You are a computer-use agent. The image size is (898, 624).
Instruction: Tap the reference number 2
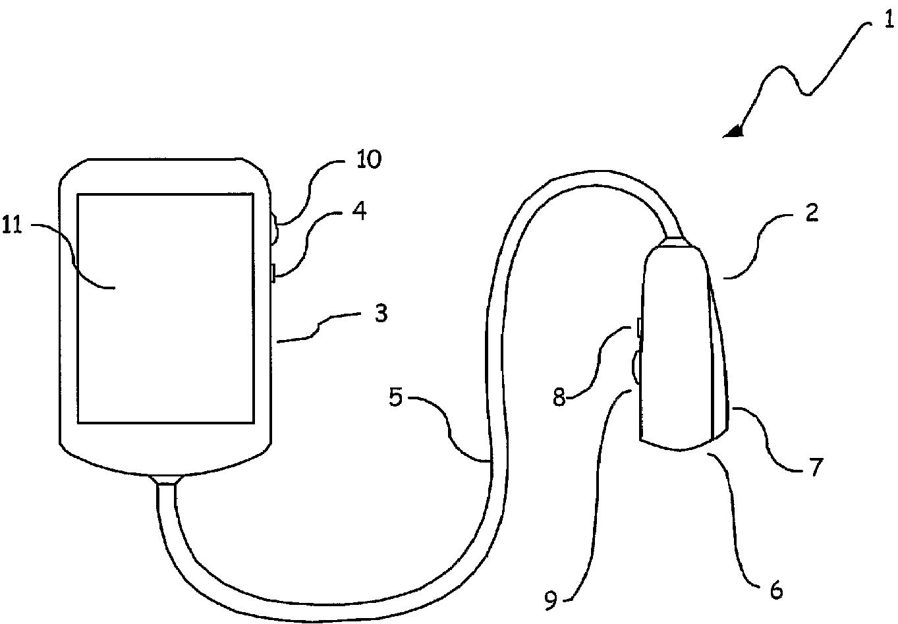[812, 213]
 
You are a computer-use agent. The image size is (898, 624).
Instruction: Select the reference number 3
[380, 313]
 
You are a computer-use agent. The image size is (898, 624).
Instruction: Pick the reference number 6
[777, 590]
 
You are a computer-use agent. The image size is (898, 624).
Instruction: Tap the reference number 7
[816, 467]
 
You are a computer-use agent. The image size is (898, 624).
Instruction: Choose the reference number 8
[559, 398]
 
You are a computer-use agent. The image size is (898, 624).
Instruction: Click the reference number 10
[369, 159]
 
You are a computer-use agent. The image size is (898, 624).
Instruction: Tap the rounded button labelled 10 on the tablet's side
[275, 232]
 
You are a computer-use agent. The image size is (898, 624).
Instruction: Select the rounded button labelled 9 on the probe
[636, 367]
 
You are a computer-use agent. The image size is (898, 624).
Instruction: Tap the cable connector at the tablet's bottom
[165, 479]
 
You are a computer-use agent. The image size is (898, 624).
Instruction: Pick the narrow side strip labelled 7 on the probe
[719, 369]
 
